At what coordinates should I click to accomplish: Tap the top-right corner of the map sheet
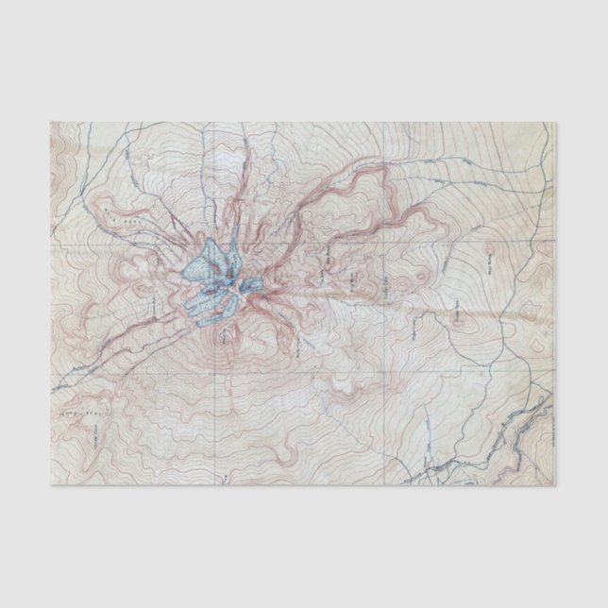coord(551,122)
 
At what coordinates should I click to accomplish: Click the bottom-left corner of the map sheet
coord(52,487)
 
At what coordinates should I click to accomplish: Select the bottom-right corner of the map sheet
coord(554,486)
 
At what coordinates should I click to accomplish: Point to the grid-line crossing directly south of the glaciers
coord(216,371)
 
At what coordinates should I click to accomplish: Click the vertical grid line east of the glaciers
coord(385,302)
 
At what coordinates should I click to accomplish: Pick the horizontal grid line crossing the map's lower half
coord(302,371)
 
